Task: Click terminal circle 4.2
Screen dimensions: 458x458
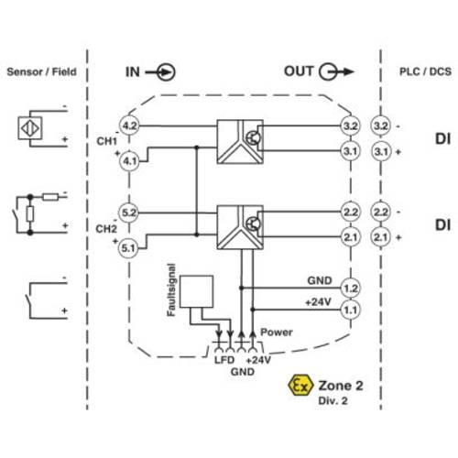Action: coord(129,125)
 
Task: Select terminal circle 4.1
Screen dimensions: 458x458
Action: coord(129,161)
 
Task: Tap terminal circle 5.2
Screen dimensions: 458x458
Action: coord(128,213)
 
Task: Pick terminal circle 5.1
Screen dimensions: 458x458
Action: coord(128,248)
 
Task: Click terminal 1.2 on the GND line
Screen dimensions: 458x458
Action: coord(351,288)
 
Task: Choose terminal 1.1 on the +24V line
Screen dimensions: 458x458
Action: coord(351,310)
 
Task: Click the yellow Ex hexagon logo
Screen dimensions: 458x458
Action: coord(300,386)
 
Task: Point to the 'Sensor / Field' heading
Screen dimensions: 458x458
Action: coord(41,71)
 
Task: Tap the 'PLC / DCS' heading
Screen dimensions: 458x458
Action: coord(425,71)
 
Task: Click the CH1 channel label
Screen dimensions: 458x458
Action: coord(106,141)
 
